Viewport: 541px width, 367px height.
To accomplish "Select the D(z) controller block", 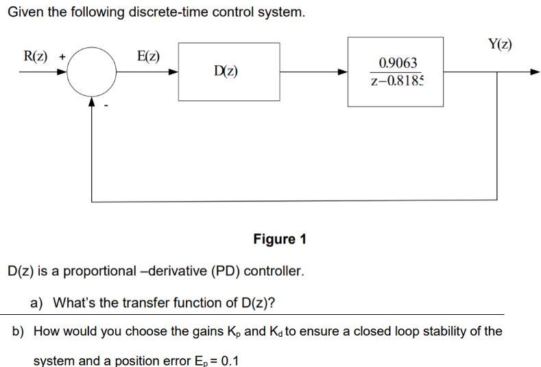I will pyautogui.click(x=229, y=71).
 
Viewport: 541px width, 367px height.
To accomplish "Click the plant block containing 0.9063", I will pyautogui.click(x=396, y=71).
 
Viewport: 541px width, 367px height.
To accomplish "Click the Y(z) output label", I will pyautogui.click(x=500, y=45).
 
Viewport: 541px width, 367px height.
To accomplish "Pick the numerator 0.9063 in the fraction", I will pyautogui.click(x=398, y=63).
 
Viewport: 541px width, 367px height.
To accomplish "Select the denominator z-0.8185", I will pyautogui.click(x=397, y=82).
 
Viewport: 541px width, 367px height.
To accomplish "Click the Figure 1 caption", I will pyautogui.click(x=280, y=239).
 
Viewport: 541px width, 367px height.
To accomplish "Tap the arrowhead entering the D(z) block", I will pyautogui.click(x=174, y=71).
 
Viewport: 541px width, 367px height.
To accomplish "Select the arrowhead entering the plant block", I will pyautogui.click(x=343, y=71).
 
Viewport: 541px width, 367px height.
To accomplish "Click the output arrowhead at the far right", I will pyautogui.click(x=535, y=71).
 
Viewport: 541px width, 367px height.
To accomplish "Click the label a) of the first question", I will pyautogui.click(x=38, y=303).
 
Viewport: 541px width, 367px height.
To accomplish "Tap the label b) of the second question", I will pyautogui.click(x=19, y=331).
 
